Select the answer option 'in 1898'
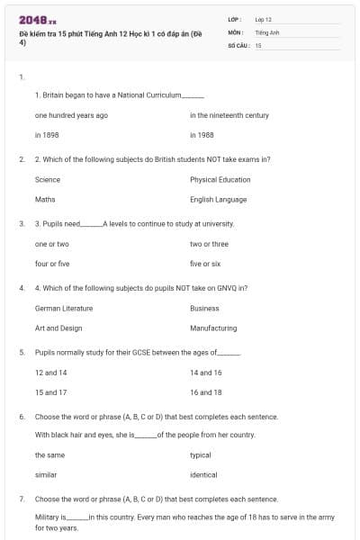click(x=47, y=135)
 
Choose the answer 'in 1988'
click(x=202, y=135)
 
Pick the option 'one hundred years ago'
click(x=71, y=115)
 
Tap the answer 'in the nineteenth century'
click(x=229, y=115)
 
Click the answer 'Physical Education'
click(x=220, y=180)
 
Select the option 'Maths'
click(x=45, y=199)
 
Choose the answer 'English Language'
click(x=219, y=199)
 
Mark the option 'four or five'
click(x=52, y=264)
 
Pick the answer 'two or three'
click(x=209, y=244)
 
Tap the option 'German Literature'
click(x=64, y=308)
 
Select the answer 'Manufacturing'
click(x=213, y=328)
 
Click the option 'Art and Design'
click(x=58, y=328)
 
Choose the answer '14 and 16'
click(x=205, y=372)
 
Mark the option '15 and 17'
click(x=51, y=392)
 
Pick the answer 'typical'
click(x=201, y=455)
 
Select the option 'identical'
click(x=203, y=474)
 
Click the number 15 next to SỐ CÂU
click(x=258, y=44)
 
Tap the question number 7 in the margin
click(x=22, y=498)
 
